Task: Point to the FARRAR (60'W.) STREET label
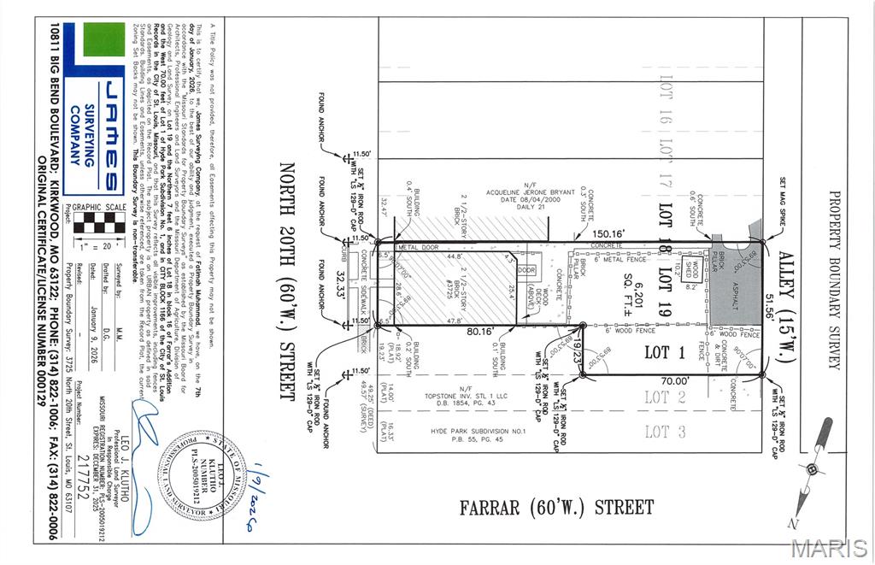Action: point(556,507)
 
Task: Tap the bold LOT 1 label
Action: point(656,351)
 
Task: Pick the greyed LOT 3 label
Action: point(656,432)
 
